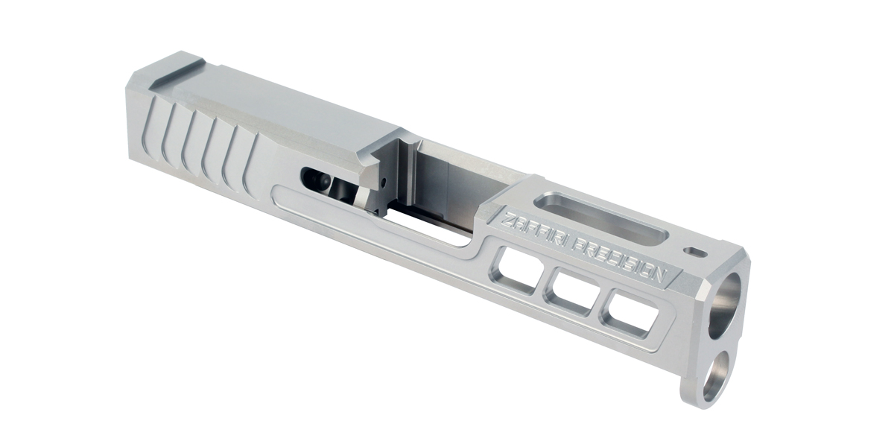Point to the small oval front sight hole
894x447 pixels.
click(x=698, y=252)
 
